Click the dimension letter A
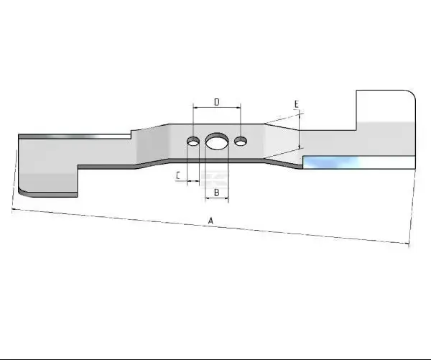tap(210, 221)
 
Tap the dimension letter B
tap(217, 193)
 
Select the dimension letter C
tap(178, 175)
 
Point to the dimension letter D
tap(217, 102)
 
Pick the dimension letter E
tap(296, 104)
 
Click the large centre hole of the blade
tap(217, 142)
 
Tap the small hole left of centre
tap(193, 141)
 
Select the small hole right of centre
tap(241, 141)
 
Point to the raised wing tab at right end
tap(385, 110)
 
